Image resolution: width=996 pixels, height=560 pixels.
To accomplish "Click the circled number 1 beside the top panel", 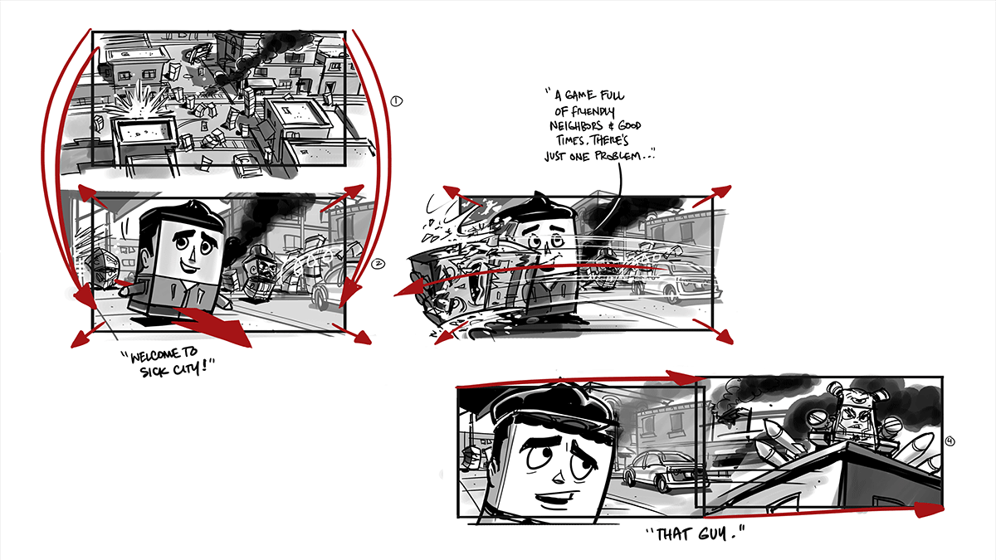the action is click(x=396, y=101).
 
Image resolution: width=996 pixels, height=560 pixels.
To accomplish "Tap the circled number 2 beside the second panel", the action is click(x=378, y=264).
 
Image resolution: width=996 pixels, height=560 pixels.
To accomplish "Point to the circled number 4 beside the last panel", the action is click(x=950, y=441).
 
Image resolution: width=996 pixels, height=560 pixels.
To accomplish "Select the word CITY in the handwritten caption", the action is click(x=186, y=368).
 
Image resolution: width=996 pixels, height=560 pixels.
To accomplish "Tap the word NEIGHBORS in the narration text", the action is click(x=576, y=126).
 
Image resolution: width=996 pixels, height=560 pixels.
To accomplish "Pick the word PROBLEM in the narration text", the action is click(x=618, y=156).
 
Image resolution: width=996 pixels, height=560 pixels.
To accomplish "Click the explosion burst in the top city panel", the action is click(x=139, y=103).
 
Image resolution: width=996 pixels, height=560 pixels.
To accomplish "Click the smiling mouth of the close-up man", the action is click(x=557, y=497).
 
